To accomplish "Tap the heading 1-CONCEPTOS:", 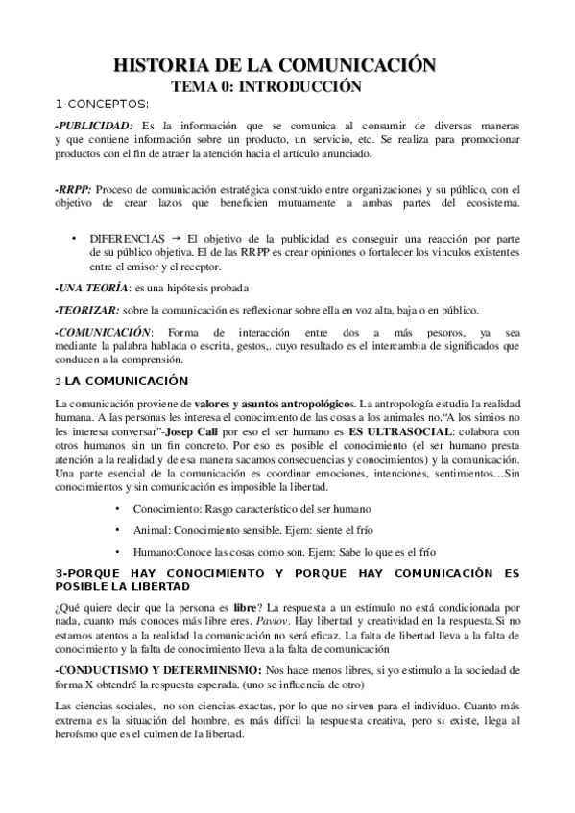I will (x=102, y=104).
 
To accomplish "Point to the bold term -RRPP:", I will (x=73, y=189).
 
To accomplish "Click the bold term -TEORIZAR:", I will (x=87, y=311).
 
